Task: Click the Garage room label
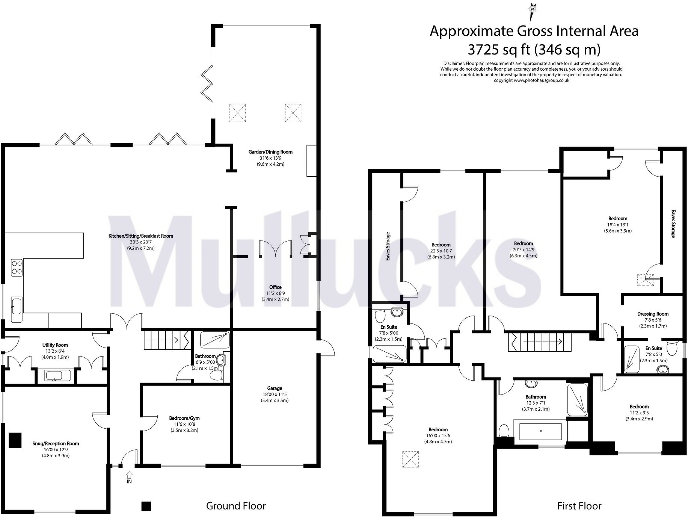coord(275,388)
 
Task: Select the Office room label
coord(275,287)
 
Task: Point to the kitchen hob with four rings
coord(17,268)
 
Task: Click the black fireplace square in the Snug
coord(15,440)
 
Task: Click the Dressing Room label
coord(653,314)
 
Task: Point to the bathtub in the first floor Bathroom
coord(540,431)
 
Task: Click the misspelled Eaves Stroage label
coord(388,246)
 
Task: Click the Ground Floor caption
coord(236,506)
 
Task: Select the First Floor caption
coord(579,506)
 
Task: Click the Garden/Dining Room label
coord(270,152)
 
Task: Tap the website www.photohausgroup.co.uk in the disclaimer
coord(542,80)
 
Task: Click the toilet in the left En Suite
coord(380,314)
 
